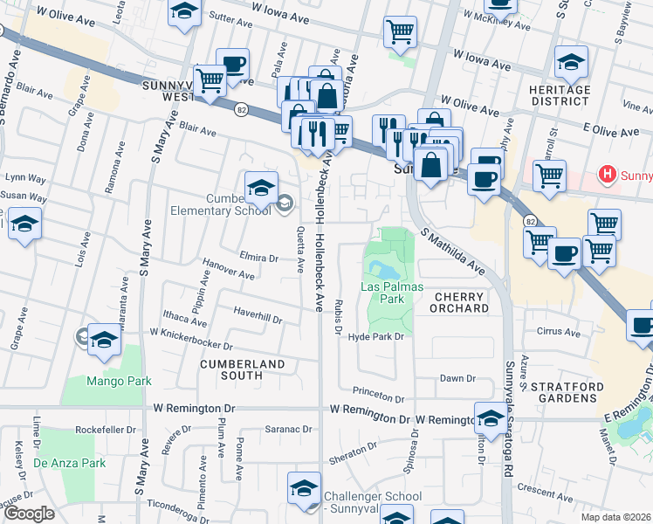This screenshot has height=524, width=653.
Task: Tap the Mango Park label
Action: pyautogui.click(x=119, y=381)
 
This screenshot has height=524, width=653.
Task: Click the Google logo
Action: pyautogui.click(x=29, y=514)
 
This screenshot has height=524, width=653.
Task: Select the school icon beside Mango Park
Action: pyautogui.click(x=104, y=341)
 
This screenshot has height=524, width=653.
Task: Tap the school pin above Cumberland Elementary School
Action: pyautogui.click(x=260, y=187)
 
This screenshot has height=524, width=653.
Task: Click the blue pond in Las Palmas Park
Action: pyautogui.click(x=381, y=268)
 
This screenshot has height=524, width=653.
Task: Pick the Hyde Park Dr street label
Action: pyautogui.click(x=375, y=336)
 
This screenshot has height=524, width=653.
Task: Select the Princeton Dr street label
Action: pyautogui.click(x=378, y=396)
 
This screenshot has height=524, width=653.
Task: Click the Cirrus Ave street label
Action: pyautogui.click(x=559, y=332)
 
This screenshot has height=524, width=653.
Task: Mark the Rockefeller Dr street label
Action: pyautogui.click(x=108, y=429)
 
